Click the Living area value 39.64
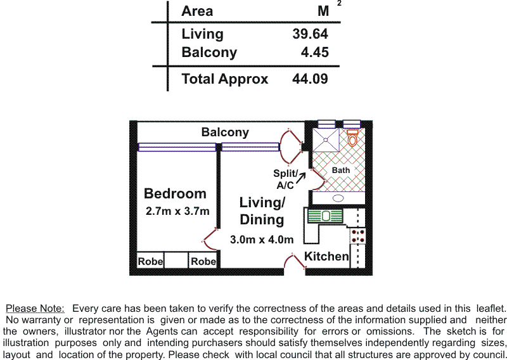(310, 34)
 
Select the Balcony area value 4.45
(314, 52)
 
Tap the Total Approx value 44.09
(310, 79)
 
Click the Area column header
(197, 11)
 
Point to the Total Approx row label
(225, 79)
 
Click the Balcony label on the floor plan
(225, 132)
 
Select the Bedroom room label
(175, 193)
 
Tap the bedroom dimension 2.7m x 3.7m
(177, 211)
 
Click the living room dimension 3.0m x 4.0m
(262, 240)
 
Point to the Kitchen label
(326, 256)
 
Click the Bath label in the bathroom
(341, 170)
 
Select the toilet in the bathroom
(352, 138)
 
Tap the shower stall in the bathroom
(326, 139)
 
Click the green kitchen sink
(325, 216)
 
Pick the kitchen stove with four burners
(357, 236)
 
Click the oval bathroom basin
(338, 198)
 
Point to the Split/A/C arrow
(300, 178)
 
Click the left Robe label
(150, 261)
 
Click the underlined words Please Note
(35, 309)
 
